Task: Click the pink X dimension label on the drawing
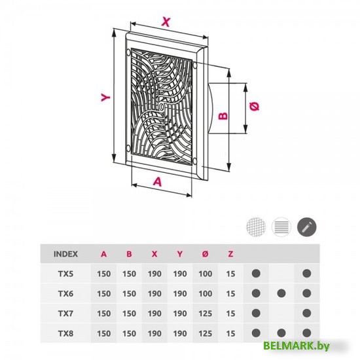tap(166, 22)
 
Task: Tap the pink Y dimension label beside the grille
tap(105, 98)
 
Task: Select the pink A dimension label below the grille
tap(158, 181)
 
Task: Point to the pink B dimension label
tap(223, 115)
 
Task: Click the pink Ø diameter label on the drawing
tap(255, 106)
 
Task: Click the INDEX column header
tap(65, 254)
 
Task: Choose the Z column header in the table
tap(230, 254)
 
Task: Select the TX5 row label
tap(65, 274)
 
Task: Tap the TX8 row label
tap(65, 333)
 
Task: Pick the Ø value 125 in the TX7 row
tap(206, 314)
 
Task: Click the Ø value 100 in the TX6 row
tap(206, 293)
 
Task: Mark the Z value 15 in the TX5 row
tap(230, 274)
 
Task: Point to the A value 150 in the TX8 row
tap(104, 333)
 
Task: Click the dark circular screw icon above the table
tap(307, 227)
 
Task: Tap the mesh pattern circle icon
tap(256, 226)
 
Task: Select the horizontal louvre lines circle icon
tap(281, 227)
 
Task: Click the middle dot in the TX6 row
tap(281, 293)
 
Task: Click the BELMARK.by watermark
tap(297, 346)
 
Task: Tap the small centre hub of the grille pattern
tap(162, 107)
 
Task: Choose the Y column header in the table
tap(180, 254)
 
